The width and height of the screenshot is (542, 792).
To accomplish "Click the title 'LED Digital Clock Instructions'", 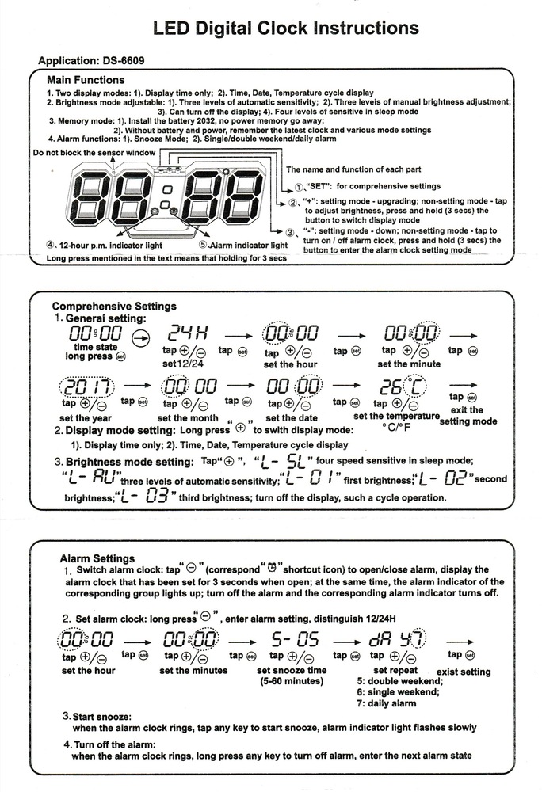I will pyautogui.click(x=285, y=29).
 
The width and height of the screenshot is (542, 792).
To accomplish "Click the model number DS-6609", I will pyautogui.click(x=122, y=60).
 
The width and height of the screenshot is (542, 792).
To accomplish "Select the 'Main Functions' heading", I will pyautogui.click(x=86, y=80).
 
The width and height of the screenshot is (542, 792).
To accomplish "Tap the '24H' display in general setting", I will pyautogui.click(x=185, y=336).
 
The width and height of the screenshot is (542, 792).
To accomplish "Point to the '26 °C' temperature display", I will pyautogui.click(x=402, y=388).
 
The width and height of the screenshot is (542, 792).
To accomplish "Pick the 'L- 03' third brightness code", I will pyautogui.click(x=145, y=497).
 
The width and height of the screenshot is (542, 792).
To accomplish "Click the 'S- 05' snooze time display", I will pyautogui.click(x=295, y=638).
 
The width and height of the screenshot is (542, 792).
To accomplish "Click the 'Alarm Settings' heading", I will pyautogui.click(x=97, y=558).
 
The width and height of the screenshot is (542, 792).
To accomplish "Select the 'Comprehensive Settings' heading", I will pyautogui.click(x=114, y=306).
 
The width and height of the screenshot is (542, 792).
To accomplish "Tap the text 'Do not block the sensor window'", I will pyautogui.click(x=94, y=151).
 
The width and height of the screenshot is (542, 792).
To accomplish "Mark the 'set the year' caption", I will pyautogui.click(x=85, y=418).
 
